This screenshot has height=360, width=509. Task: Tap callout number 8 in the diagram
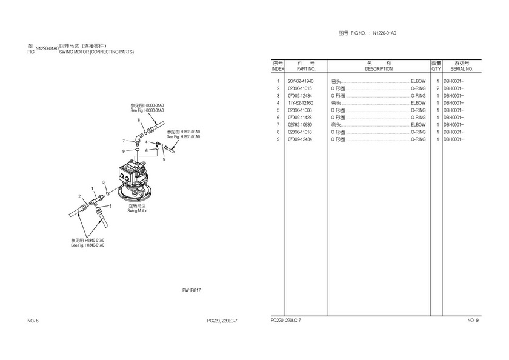pyautogui.click(x=139, y=120)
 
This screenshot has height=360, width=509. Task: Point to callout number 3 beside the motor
pyautogui.click(x=104, y=182)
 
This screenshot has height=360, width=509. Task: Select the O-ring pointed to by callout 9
pyautogui.click(x=138, y=150)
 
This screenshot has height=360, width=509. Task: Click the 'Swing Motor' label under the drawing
pyautogui.click(x=137, y=211)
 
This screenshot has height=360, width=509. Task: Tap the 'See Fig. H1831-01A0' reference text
pyautogui.click(x=184, y=136)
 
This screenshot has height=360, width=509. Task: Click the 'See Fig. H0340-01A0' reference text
pyautogui.click(x=88, y=245)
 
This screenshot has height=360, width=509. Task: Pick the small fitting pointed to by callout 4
pyautogui.click(x=157, y=143)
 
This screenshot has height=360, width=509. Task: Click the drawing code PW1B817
pyautogui.click(x=191, y=290)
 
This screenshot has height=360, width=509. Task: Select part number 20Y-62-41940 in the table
pyautogui.click(x=301, y=81)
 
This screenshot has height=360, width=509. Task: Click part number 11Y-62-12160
pyautogui.click(x=301, y=103)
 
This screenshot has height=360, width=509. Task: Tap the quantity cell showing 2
pyautogui.click(x=438, y=88)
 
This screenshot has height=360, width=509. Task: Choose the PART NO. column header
pyautogui.click(x=306, y=69)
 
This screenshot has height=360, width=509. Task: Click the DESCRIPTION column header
pyautogui.click(x=379, y=69)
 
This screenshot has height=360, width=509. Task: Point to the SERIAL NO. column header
pyautogui.click(x=462, y=69)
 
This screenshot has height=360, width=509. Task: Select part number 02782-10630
pyautogui.click(x=300, y=125)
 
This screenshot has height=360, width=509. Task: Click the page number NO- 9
pyautogui.click(x=473, y=321)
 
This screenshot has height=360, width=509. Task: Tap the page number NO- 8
pyautogui.click(x=33, y=321)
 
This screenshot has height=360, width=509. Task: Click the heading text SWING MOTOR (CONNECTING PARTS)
pyautogui.click(x=96, y=52)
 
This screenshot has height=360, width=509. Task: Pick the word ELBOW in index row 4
pyautogui.click(x=418, y=103)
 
